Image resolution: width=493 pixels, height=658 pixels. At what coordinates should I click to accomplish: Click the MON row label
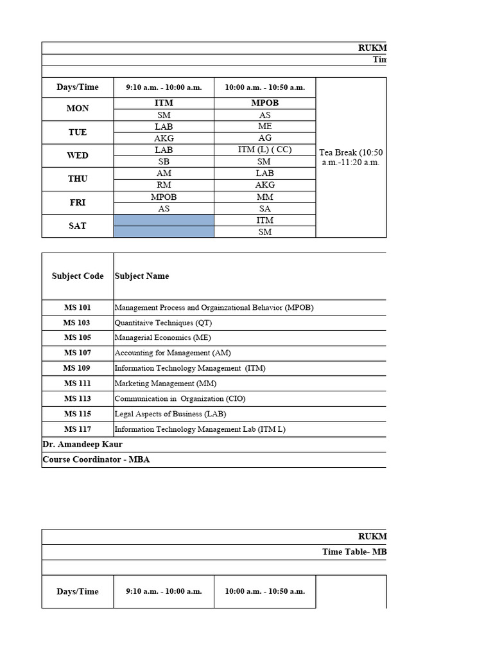pyautogui.click(x=78, y=109)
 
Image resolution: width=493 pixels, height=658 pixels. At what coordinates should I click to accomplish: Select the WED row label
pyautogui.click(x=78, y=156)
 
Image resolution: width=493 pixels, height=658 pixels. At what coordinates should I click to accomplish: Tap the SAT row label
pyautogui.click(x=78, y=226)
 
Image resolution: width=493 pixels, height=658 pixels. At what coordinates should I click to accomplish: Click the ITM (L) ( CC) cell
pyautogui.click(x=264, y=150)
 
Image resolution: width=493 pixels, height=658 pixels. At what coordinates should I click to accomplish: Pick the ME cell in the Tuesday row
pyautogui.click(x=264, y=127)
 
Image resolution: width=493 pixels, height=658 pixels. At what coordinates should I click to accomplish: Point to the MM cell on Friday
pyautogui.click(x=264, y=197)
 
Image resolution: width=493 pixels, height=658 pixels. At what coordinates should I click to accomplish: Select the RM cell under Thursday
pyautogui.click(x=164, y=185)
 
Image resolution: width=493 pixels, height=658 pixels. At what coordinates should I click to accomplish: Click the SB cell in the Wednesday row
pyautogui.click(x=164, y=162)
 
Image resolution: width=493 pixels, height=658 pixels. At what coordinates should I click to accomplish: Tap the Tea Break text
pyautogui.click(x=350, y=157)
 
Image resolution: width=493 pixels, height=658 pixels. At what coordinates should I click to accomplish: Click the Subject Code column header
pyautogui.click(x=78, y=276)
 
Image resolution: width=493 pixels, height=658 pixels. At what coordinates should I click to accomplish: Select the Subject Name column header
pyautogui.click(x=142, y=276)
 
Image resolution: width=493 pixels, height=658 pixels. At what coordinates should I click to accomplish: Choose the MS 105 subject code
pyautogui.click(x=78, y=338)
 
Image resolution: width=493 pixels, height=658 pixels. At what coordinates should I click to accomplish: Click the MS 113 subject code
pyautogui.click(x=78, y=399)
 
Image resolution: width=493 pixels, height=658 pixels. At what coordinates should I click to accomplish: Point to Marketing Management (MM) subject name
pyautogui.click(x=166, y=384)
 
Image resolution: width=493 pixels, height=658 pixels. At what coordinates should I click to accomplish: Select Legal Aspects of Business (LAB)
pyautogui.click(x=170, y=414)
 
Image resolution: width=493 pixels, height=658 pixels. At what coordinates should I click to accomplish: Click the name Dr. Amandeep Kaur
pyautogui.click(x=82, y=445)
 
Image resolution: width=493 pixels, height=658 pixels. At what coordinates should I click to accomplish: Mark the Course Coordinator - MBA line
pyautogui.click(x=96, y=460)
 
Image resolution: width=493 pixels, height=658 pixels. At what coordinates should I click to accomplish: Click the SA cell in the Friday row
pyautogui.click(x=264, y=209)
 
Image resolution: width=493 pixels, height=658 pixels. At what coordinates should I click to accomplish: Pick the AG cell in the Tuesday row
pyautogui.click(x=264, y=138)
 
